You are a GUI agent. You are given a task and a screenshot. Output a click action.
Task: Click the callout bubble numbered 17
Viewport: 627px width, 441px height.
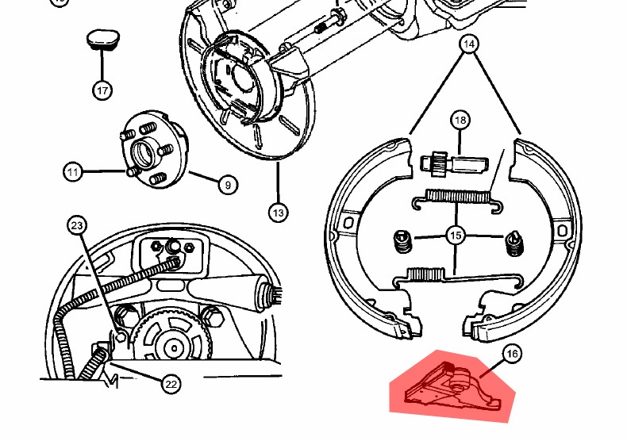pos(102,90)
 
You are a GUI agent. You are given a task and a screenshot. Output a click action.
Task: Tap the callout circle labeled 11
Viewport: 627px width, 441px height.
pos(73,172)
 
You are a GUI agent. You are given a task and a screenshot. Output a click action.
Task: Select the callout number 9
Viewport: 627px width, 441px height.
pos(228,185)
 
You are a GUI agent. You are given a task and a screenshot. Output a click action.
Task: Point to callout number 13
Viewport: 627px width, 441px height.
pos(279,213)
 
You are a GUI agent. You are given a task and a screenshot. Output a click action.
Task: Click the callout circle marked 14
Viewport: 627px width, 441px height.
pos(469,44)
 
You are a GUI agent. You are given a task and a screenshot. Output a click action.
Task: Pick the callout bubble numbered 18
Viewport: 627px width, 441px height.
pos(460,120)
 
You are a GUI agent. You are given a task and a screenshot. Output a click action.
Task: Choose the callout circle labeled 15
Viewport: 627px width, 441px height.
pos(456,236)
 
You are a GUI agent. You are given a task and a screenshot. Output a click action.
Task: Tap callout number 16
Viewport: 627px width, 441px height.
pos(512,354)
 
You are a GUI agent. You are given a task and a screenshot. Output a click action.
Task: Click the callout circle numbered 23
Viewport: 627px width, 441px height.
pos(77,226)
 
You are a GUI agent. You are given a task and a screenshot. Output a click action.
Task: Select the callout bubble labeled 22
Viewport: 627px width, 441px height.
pos(171,384)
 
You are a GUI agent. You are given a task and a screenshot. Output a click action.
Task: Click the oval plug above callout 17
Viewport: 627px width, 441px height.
pos(103,39)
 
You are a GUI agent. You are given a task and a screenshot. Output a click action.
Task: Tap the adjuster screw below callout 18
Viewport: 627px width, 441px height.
pos(454,163)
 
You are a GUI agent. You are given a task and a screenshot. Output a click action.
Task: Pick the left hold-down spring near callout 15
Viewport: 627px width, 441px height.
pos(402,242)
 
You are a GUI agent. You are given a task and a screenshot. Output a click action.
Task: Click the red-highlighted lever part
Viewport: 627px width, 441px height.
pos(452,385)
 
